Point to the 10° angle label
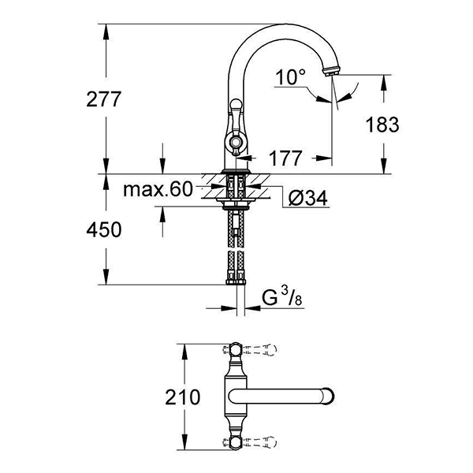click(291, 77)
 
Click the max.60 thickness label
click(158, 189)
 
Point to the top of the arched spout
click(280, 28)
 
